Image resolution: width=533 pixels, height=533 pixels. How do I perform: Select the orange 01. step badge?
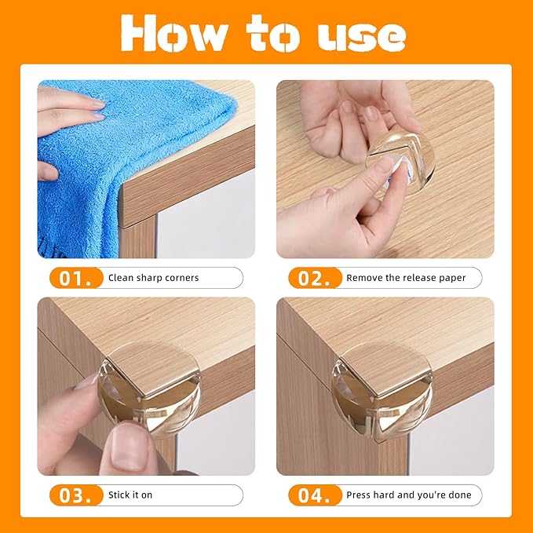click(x=76, y=277)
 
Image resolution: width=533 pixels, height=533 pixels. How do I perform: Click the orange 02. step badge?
click(x=315, y=277)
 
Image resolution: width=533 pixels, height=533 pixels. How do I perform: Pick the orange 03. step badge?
click(x=76, y=495)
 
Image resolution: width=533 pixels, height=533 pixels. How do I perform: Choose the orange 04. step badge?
click(x=315, y=495)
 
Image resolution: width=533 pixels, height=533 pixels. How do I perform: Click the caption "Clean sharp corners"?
click(x=153, y=278)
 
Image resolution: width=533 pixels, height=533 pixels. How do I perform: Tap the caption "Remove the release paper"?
click(x=406, y=278)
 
